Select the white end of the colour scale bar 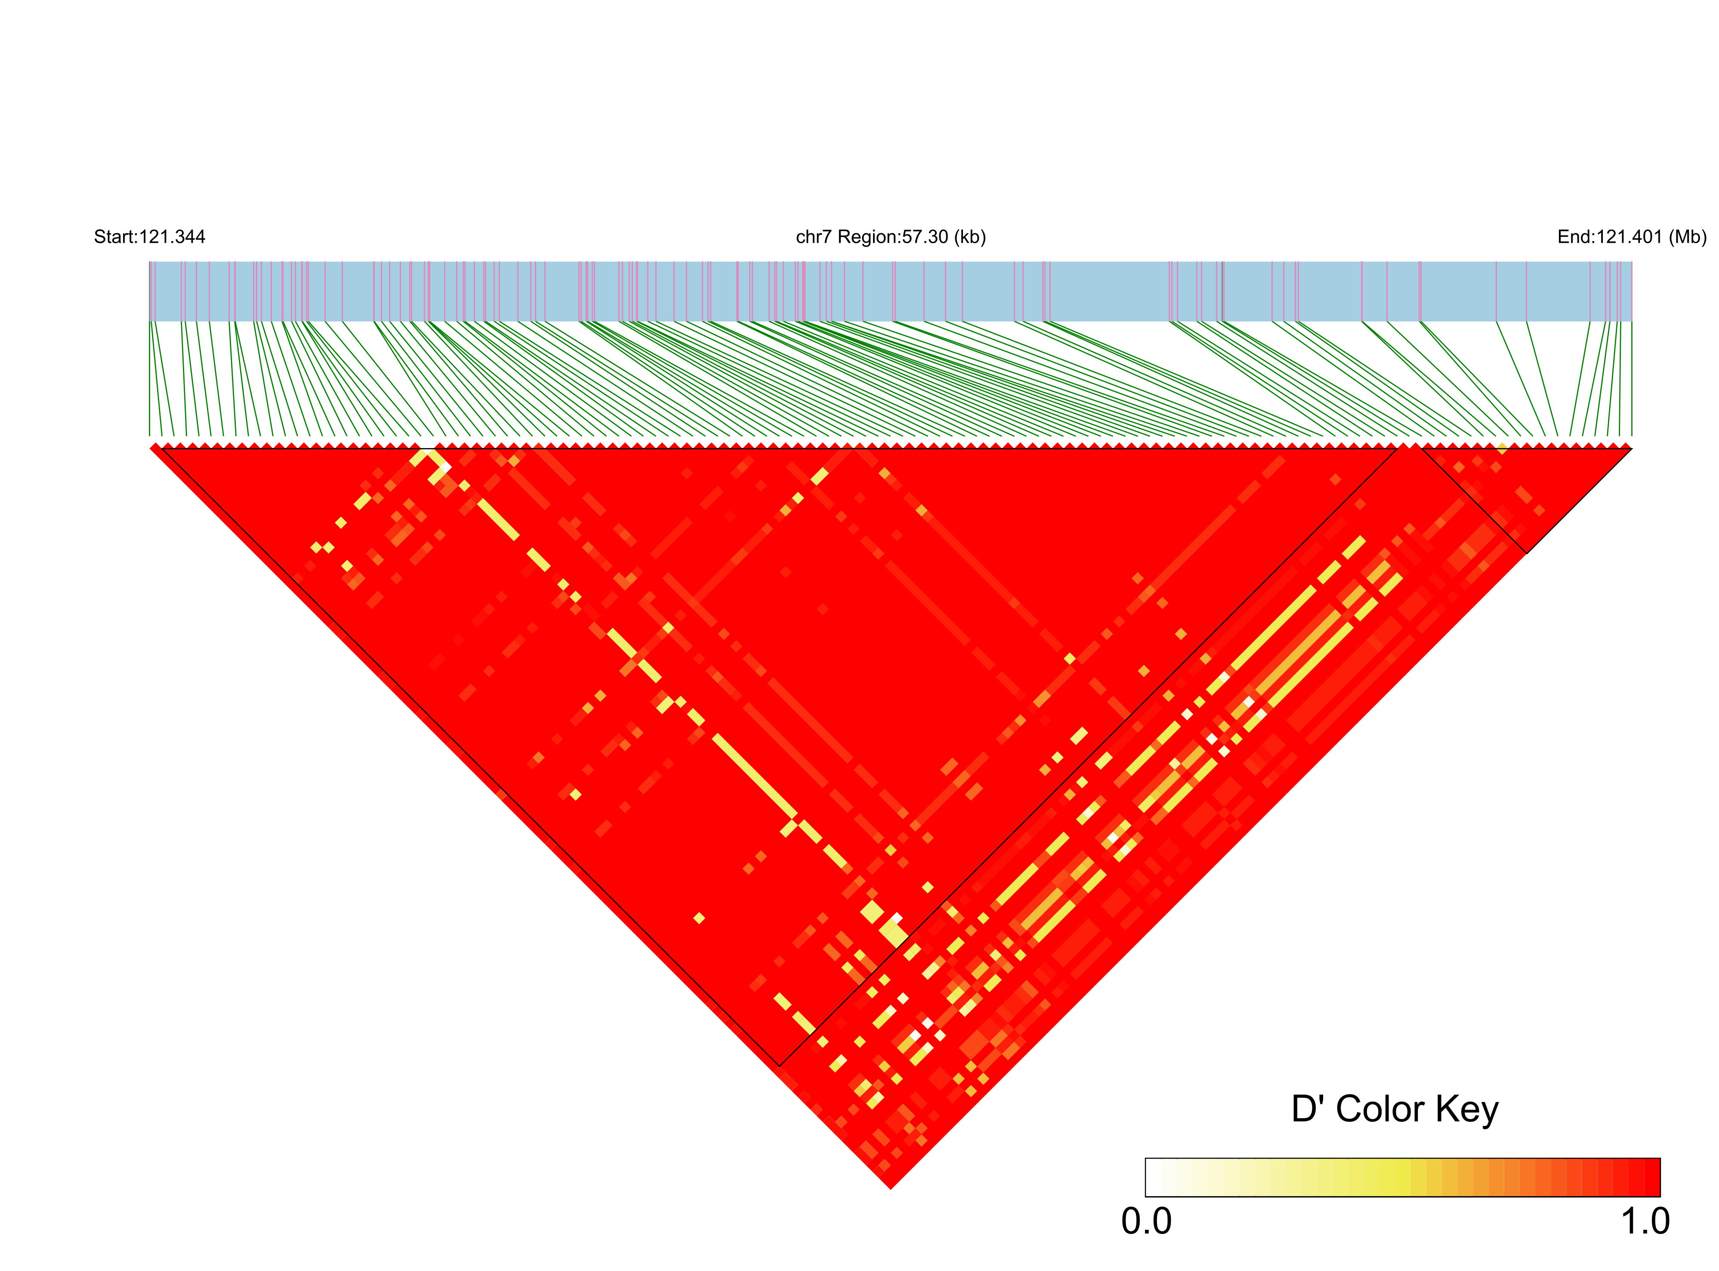[1151, 1177]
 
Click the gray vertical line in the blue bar [1222, 291]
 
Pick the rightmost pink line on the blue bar [1620, 291]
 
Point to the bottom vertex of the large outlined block [780, 1066]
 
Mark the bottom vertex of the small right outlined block [1526, 552]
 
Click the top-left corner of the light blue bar [150, 263]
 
